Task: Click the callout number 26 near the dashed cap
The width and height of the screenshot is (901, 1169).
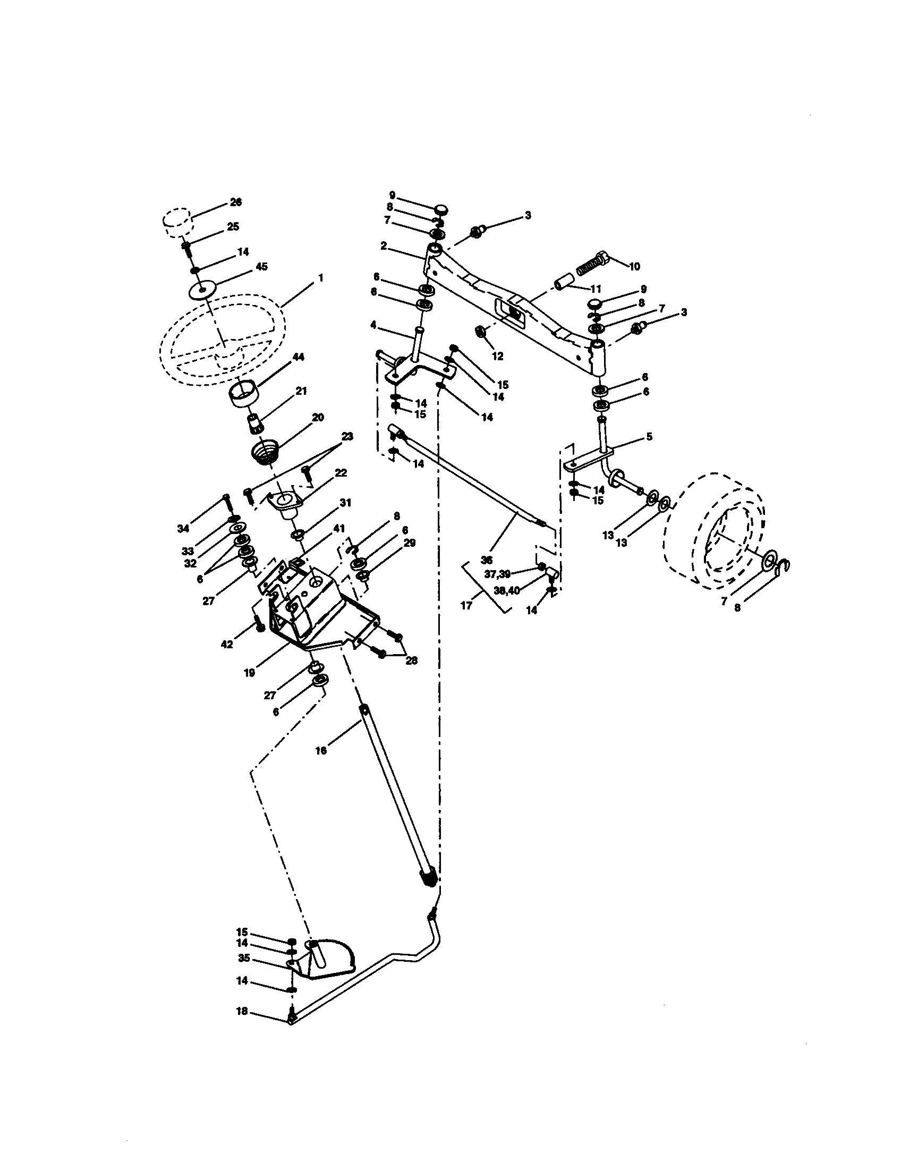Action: click(235, 202)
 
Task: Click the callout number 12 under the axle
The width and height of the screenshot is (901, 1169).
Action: click(498, 357)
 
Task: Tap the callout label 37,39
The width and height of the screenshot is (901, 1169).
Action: click(497, 573)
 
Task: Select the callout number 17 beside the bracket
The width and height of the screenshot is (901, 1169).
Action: click(466, 606)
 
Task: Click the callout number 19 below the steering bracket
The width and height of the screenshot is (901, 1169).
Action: click(249, 673)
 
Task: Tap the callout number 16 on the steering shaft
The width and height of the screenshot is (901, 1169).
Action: click(320, 750)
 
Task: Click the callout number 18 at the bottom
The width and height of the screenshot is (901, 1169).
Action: click(242, 1012)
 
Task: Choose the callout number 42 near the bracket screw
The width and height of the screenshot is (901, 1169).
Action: click(227, 645)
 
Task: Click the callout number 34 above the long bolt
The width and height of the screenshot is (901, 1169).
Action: click(183, 529)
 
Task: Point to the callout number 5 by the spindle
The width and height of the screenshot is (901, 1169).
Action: click(649, 437)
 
